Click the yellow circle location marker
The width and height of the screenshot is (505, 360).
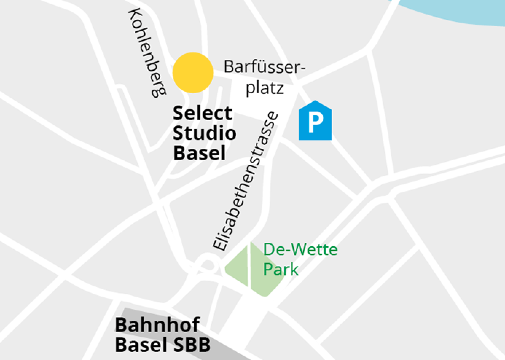[193, 73]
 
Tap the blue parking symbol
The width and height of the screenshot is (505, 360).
[315, 121]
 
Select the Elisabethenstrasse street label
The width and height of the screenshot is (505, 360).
[246, 181]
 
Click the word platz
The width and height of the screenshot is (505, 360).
[265, 88]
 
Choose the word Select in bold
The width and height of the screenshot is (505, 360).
[202, 113]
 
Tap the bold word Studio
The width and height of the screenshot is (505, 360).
[204, 133]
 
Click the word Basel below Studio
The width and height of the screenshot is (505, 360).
[199, 153]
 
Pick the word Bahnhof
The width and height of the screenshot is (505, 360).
[157, 325]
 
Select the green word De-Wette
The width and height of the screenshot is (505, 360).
[301, 250]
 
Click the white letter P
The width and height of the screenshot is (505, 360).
[315, 122]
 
